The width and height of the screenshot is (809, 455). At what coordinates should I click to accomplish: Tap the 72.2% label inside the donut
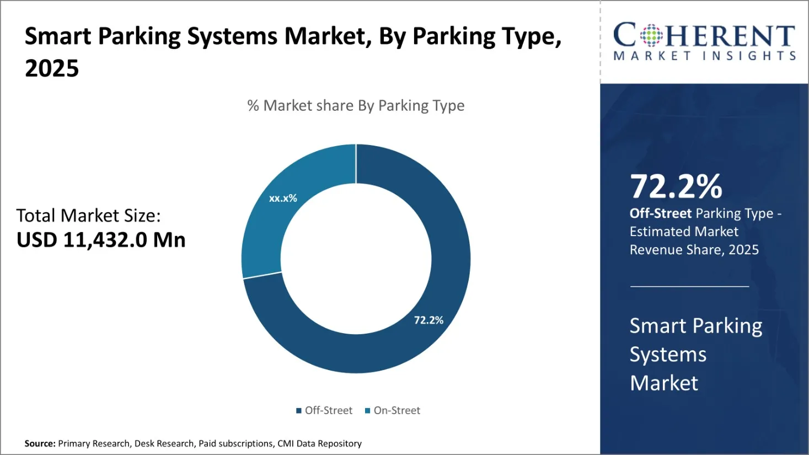pyautogui.click(x=428, y=320)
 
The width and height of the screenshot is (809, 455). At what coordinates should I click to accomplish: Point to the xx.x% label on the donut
pyautogui.click(x=283, y=198)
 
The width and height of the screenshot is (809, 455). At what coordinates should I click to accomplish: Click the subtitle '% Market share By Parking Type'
pyautogui.click(x=356, y=105)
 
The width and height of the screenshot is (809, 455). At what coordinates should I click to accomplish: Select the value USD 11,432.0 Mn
pyautogui.click(x=101, y=240)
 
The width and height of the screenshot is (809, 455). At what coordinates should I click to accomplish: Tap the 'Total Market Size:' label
pyautogui.click(x=88, y=215)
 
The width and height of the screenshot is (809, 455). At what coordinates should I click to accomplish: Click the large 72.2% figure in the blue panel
pyautogui.click(x=676, y=186)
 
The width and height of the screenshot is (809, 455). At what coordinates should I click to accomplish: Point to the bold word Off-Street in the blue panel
pyautogui.click(x=660, y=213)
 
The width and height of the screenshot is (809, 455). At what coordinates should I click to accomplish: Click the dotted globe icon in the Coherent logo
pyautogui.click(x=651, y=35)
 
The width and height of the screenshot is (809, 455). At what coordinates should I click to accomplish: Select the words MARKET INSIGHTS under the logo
pyautogui.click(x=705, y=56)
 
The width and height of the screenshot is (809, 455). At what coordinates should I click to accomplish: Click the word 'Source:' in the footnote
pyautogui.click(x=40, y=443)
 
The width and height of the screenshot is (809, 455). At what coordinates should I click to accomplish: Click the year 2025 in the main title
pyautogui.click(x=52, y=68)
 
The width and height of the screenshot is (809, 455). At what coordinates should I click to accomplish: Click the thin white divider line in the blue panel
pyautogui.click(x=689, y=287)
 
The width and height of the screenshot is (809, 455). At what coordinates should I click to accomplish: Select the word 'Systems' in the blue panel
pyautogui.click(x=668, y=355)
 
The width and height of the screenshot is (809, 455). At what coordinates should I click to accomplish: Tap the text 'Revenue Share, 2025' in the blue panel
pyautogui.click(x=694, y=250)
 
